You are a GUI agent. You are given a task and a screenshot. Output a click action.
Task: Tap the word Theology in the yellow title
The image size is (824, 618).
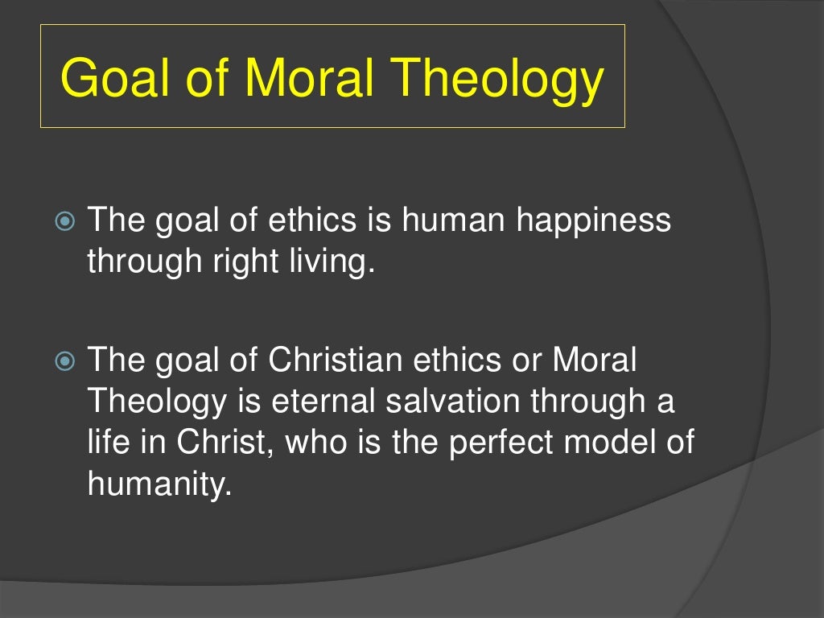tap(493, 80)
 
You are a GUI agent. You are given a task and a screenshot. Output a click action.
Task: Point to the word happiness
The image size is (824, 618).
tap(593, 220)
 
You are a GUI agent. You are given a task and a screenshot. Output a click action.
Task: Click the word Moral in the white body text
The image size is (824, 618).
tap(594, 360)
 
